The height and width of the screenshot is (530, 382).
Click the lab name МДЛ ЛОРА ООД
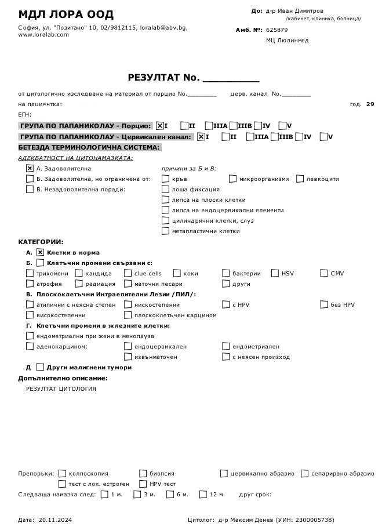click(x=66, y=14)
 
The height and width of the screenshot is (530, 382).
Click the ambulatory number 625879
click(x=277, y=30)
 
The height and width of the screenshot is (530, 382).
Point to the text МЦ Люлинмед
click(x=287, y=41)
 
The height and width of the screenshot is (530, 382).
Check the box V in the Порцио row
click(x=282, y=125)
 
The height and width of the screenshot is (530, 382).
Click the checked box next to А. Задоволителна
click(x=30, y=168)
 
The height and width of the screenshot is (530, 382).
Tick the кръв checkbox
click(x=166, y=179)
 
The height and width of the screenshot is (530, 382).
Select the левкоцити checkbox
click(x=300, y=179)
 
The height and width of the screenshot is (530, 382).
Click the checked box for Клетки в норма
click(x=40, y=252)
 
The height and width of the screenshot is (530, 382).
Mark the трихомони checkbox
click(x=30, y=273)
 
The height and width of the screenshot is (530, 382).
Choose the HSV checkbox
click(x=275, y=273)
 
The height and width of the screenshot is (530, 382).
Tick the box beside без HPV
click(x=324, y=304)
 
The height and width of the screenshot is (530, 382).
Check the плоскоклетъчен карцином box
click(x=128, y=315)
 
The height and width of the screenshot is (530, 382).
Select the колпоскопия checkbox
click(x=63, y=473)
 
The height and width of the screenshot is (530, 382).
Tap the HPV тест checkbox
click(x=143, y=484)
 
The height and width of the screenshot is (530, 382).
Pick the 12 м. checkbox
click(x=203, y=495)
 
